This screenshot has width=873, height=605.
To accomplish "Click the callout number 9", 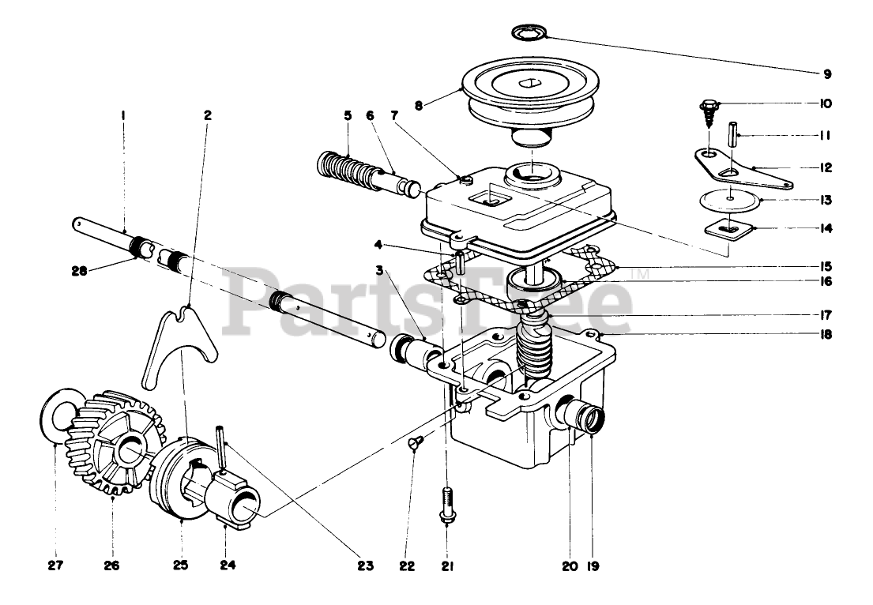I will (x=826, y=74).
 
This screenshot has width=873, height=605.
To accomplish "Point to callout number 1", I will (x=123, y=115).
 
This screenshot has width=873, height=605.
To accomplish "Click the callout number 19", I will (x=592, y=566).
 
